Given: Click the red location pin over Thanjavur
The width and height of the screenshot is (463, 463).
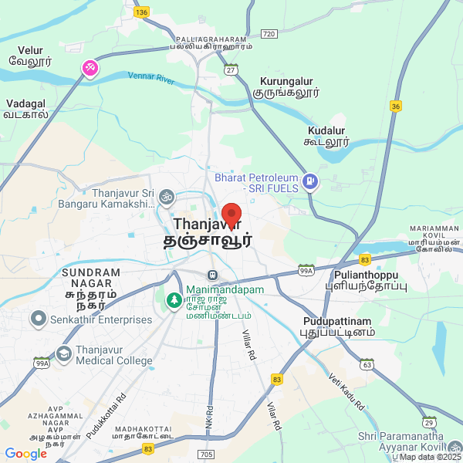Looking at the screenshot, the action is point(231,214).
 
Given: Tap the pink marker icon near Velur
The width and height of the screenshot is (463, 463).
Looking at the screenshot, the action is point(90,69).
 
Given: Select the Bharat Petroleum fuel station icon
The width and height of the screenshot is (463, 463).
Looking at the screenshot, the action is point(310,182).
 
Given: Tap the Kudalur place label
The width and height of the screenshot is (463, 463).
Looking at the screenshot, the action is point(326,136).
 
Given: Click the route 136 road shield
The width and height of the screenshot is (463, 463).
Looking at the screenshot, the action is point(140,12).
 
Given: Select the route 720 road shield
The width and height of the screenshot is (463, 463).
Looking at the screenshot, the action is point(269,34).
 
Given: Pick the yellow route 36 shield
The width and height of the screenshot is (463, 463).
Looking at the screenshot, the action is point(396,106).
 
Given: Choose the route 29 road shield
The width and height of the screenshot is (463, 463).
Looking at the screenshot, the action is point(428,421).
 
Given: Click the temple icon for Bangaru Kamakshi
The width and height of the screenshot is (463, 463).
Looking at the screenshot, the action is point(164,198).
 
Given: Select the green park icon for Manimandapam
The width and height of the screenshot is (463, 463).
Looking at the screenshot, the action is point(174,299).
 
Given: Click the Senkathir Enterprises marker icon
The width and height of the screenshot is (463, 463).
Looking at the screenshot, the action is point(37,319).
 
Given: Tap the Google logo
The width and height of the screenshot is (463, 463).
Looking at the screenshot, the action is point(25,454).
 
